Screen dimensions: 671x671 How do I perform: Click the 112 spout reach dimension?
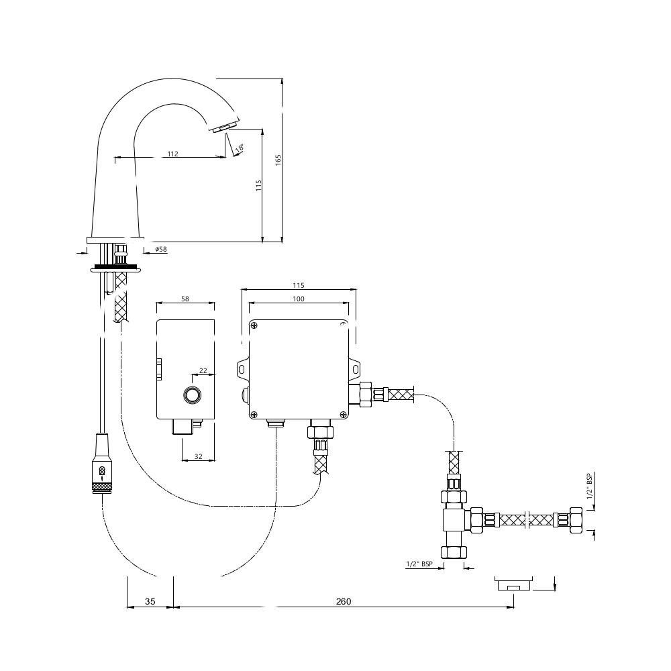pyautogui.click(x=172, y=154)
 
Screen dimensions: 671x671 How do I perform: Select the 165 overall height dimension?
pyautogui.click(x=278, y=160)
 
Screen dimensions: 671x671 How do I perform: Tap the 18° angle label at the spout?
pyautogui.click(x=240, y=148)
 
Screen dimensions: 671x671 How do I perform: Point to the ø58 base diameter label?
pyautogui.click(x=161, y=249)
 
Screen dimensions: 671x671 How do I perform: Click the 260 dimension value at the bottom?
pyautogui.click(x=343, y=602)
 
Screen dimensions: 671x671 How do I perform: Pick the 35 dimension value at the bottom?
pyautogui.click(x=150, y=602)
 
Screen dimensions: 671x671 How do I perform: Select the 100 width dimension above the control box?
pyautogui.click(x=299, y=299)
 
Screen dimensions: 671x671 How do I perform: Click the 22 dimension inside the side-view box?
pyautogui.click(x=203, y=370)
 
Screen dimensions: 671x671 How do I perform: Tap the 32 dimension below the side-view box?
pyautogui.click(x=198, y=456)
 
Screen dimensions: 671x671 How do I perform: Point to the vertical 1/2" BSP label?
pyautogui.click(x=589, y=486)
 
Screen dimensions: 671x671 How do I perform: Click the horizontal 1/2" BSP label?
pyautogui.click(x=419, y=564)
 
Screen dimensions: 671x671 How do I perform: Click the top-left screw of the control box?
pyautogui.click(x=254, y=326)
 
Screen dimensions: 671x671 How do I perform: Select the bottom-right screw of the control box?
pyautogui.click(x=343, y=414)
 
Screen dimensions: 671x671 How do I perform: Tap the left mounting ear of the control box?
pyautogui.click(x=242, y=369)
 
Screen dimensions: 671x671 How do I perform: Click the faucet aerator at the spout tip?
pyautogui.click(x=225, y=127)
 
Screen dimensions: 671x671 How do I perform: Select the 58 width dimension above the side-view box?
pyautogui.click(x=185, y=299)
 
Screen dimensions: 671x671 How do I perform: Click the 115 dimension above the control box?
pyautogui.click(x=299, y=285)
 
